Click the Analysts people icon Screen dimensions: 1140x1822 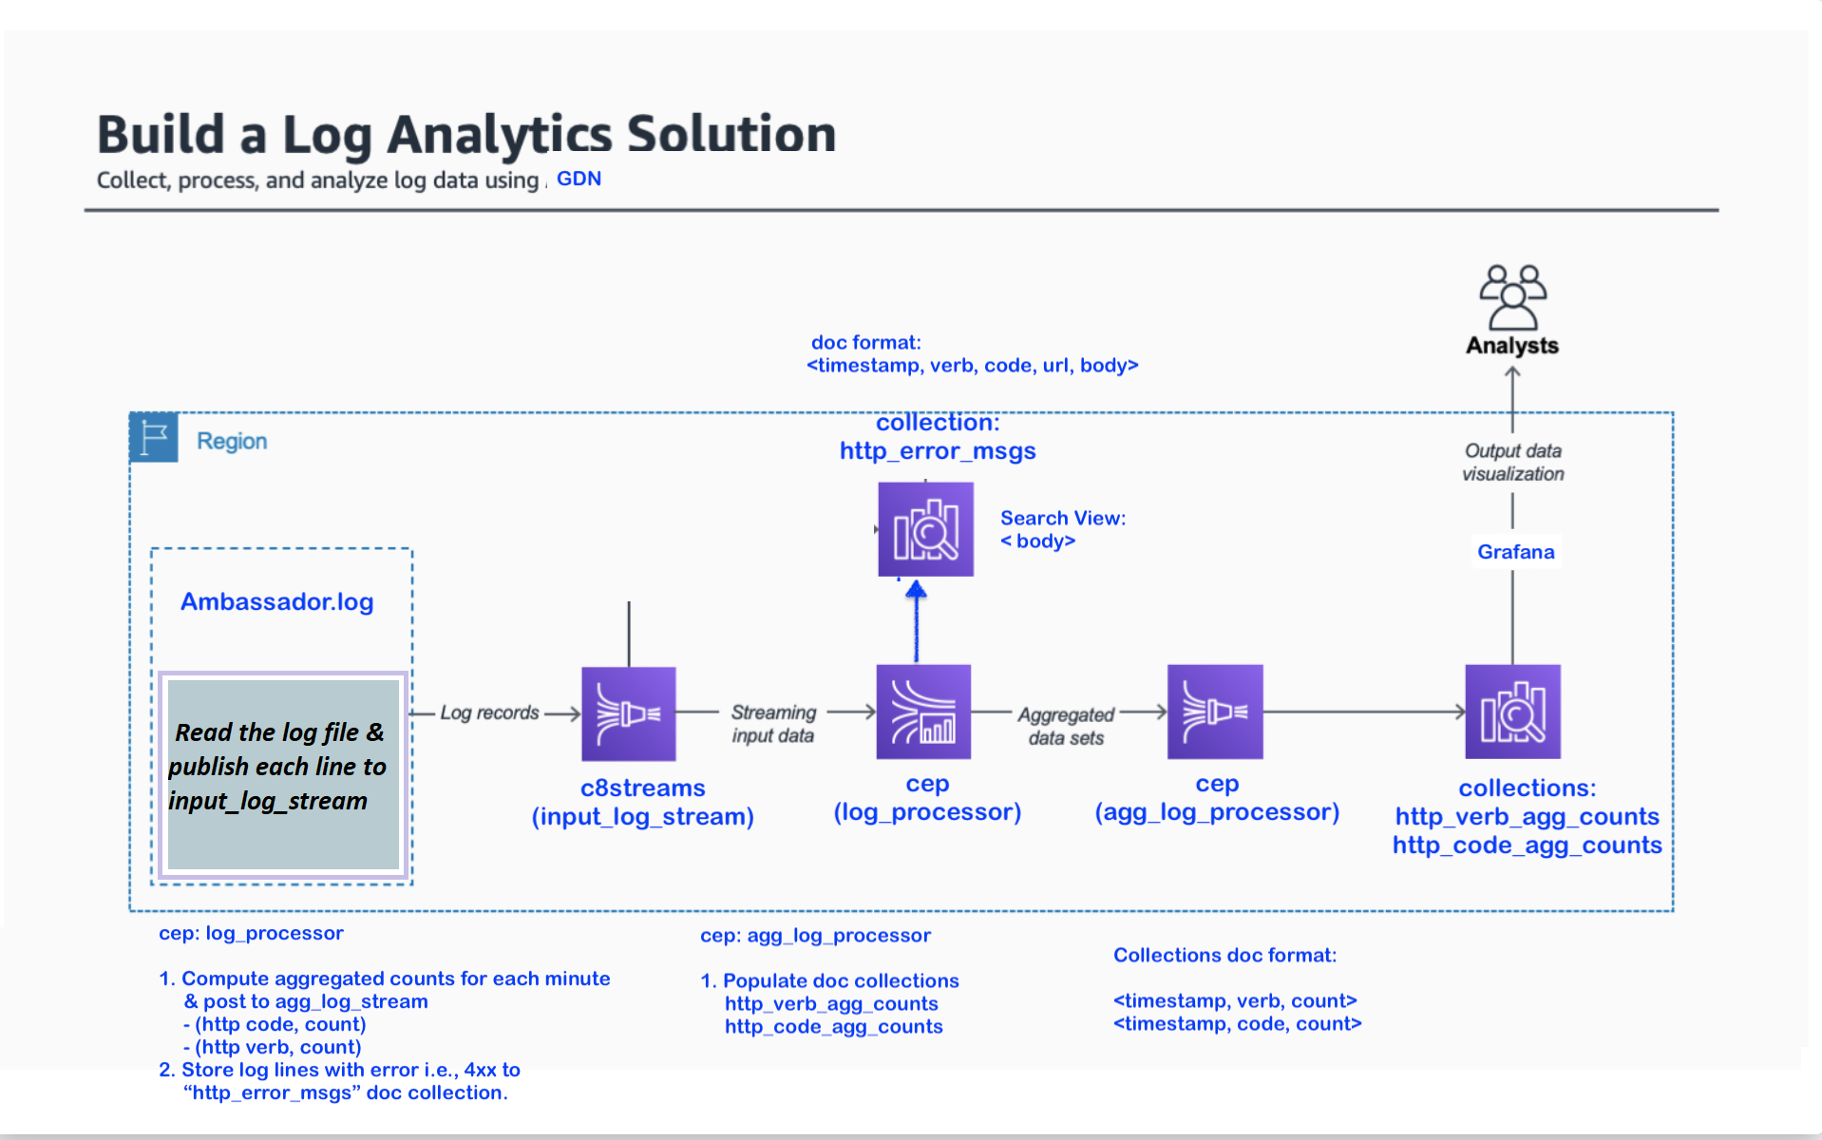[x=1512, y=296]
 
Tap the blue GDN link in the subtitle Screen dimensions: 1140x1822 [x=579, y=179]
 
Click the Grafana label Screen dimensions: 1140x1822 [x=1515, y=552]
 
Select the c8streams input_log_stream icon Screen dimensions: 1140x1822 [x=629, y=713]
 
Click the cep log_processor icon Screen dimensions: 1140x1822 [x=923, y=712]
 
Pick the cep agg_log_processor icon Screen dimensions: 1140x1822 [x=1215, y=712]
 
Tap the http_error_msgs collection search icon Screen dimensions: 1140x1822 [x=925, y=529]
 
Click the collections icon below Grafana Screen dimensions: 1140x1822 [x=1512, y=712]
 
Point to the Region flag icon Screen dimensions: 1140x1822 [x=154, y=437]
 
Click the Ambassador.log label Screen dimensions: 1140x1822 [x=276, y=601]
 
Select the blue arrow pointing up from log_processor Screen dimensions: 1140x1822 [x=916, y=622]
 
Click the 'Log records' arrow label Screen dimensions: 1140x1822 [x=489, y=712]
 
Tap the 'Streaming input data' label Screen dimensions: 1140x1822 [x=773, y=723]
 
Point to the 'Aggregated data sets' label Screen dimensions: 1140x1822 [x=1066, y=726]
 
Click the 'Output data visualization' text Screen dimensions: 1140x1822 [x=1512, y=462]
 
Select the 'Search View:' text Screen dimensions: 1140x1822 [x=1062, y=518]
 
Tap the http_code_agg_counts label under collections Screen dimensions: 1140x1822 [x=1527, y=845]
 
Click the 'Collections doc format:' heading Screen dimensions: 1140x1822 [x=1224, y=955]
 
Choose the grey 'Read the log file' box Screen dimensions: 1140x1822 [x=283, y=773]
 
